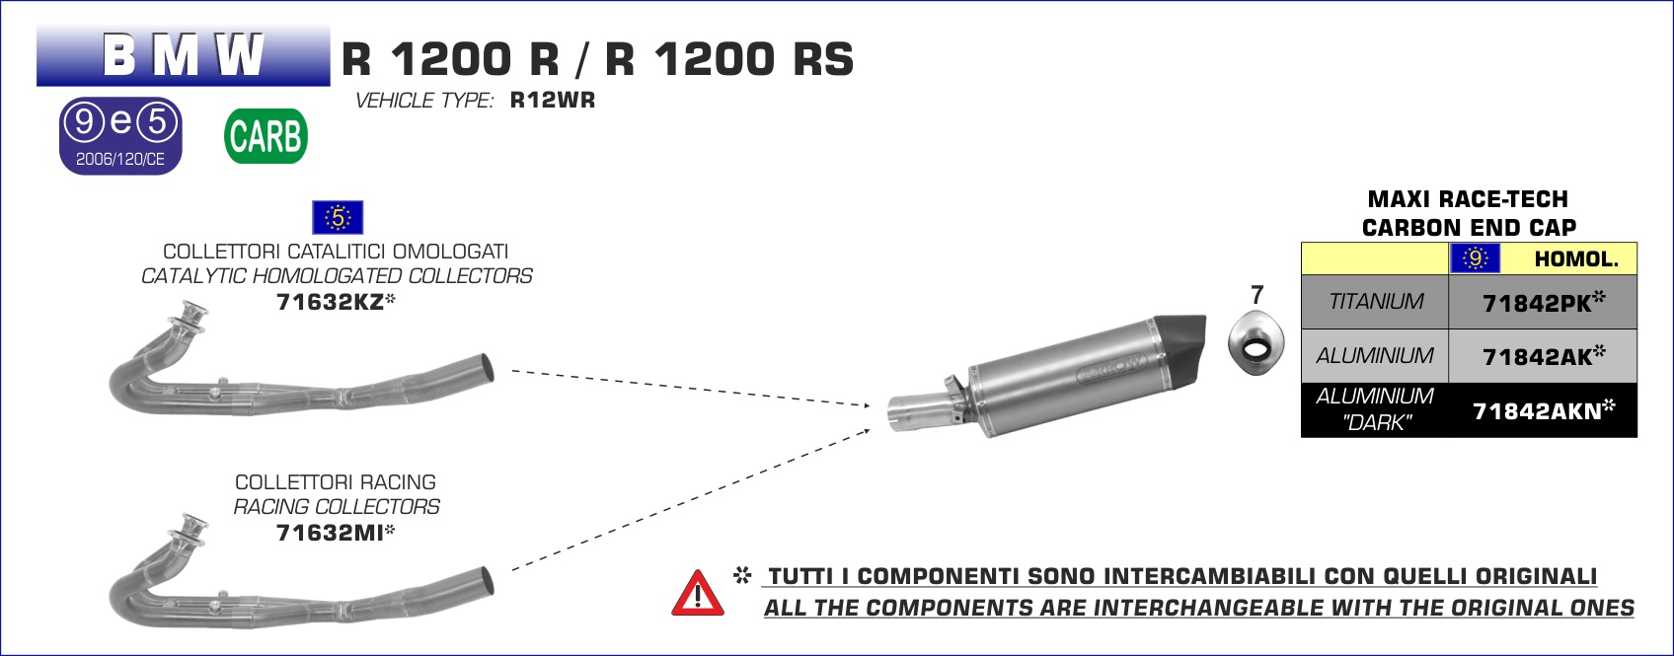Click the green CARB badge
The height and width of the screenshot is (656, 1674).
point(266,136)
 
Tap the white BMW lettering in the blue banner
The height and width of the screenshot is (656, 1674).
point(183,54)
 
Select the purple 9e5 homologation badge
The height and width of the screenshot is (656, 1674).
point(120,135)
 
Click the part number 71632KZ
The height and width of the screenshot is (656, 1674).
point(331,302)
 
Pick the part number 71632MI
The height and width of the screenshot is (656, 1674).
point(331,533)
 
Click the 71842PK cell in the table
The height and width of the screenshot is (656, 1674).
point(1543,302)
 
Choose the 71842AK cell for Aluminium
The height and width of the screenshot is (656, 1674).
point(1543,356)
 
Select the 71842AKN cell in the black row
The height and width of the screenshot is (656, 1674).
point(1543,410)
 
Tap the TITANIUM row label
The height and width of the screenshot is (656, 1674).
point(1376,301)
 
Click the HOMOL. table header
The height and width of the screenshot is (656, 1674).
point(1576,259)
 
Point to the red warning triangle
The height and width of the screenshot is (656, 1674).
point(697,593)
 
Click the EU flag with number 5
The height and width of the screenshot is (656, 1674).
point(338,217)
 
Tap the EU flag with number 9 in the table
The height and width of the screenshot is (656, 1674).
point(1475,258)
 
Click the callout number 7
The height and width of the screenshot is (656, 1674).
point(1257,295)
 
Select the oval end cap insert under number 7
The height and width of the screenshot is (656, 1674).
point(1256,344)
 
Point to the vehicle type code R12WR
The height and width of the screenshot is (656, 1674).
point(553,100)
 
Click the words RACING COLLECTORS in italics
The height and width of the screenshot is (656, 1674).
point(337,507)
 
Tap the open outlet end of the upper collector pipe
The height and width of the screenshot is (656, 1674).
point(486,368)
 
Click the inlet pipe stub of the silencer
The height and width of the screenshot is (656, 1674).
point(919,412)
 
